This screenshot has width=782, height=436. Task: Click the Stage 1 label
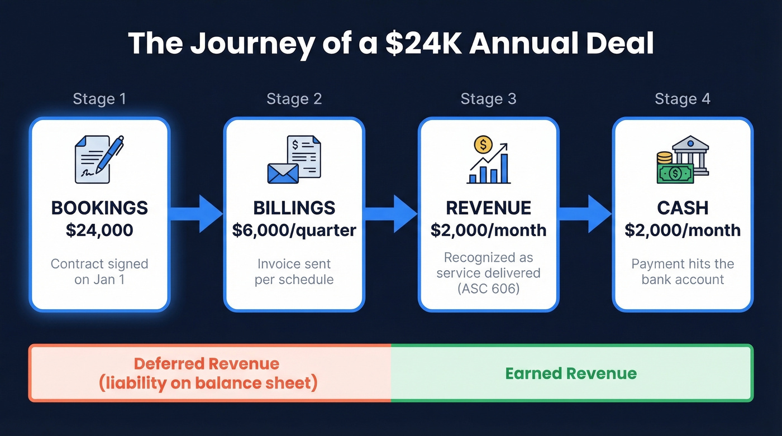click(99, 99)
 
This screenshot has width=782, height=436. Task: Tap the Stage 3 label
click(488, 99)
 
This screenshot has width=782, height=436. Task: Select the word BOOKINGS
click(99, 208)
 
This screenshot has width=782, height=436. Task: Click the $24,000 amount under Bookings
click(99, 230)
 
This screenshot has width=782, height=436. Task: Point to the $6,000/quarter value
click(294, 230)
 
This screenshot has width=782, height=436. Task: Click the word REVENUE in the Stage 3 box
click(488, 208)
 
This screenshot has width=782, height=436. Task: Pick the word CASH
click(683, 208)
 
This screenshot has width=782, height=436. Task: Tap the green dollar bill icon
click(675, 173)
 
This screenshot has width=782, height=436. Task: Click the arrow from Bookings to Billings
click(195, 214)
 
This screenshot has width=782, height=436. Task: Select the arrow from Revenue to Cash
click(585, 214)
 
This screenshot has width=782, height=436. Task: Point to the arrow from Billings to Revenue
click(390, 214)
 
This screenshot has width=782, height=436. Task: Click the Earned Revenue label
click(571, 373)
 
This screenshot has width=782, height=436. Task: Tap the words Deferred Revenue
click(207, 364)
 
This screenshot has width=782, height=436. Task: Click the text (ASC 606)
click(488, 289)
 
